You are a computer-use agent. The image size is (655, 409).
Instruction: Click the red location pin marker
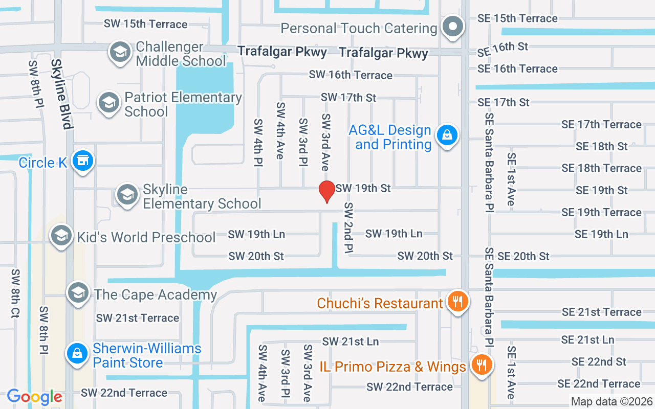[326, 191]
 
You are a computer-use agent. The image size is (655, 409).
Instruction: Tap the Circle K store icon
[82, 161]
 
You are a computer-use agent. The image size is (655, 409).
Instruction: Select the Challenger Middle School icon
[120, 53]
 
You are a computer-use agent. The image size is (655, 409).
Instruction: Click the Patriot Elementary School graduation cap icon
[108, 103]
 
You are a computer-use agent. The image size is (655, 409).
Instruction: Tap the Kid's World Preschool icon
[61, 236]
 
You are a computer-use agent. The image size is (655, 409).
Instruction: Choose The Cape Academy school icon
[78, 293]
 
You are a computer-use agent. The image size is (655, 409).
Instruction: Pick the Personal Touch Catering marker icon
[452, 27]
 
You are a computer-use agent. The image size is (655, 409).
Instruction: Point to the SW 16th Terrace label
[351, 75]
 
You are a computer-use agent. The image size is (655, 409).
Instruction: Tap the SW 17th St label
[348, 97]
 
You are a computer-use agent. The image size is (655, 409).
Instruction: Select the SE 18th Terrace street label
[601, 168]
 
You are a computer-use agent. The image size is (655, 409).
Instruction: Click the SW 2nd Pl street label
[349, 228]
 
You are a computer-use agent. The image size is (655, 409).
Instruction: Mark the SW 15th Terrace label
[145, 24]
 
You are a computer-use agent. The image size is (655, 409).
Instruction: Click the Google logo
[34, 397]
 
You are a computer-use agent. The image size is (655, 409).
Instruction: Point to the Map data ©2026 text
[612, 401]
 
